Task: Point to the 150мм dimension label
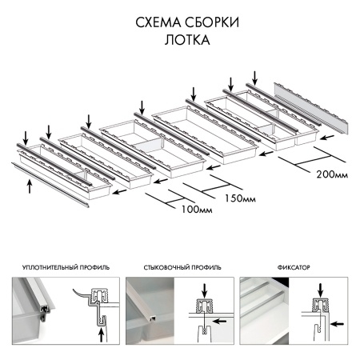pyautogui.click(x=240, y=198)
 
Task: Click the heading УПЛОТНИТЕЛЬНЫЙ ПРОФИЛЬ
pyautogui.click(x=66, y=266)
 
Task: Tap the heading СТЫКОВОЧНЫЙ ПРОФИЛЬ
pyautogui.click(x=183, y=266)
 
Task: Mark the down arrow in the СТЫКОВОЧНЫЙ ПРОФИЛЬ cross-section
pyautogui.click(x=205, y=287)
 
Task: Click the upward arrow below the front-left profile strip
pyautogui.click(x=30, y=186)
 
